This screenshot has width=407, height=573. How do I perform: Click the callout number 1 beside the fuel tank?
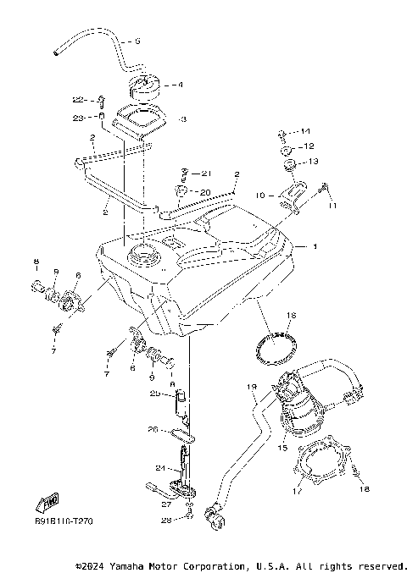click(x=315, y=247)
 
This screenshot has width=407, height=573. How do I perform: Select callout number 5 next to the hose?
click(x=138, y=41)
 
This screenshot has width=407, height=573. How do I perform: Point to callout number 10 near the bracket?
click(x=261, y=194)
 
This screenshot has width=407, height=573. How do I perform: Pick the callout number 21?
click(x=205, y=174)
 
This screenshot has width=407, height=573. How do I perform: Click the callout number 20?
click(x=205, y=191)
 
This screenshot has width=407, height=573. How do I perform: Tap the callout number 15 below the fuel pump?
click(x=282, y=447)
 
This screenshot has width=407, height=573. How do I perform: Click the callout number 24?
click(x=159, y=467)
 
